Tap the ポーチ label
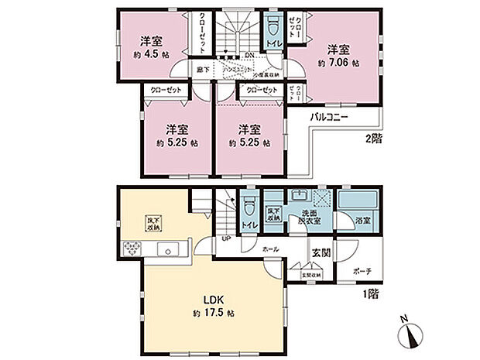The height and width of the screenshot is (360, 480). pos(361,272)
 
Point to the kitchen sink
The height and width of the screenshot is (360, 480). pos(167,250)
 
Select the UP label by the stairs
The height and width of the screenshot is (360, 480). pos(226,238)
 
